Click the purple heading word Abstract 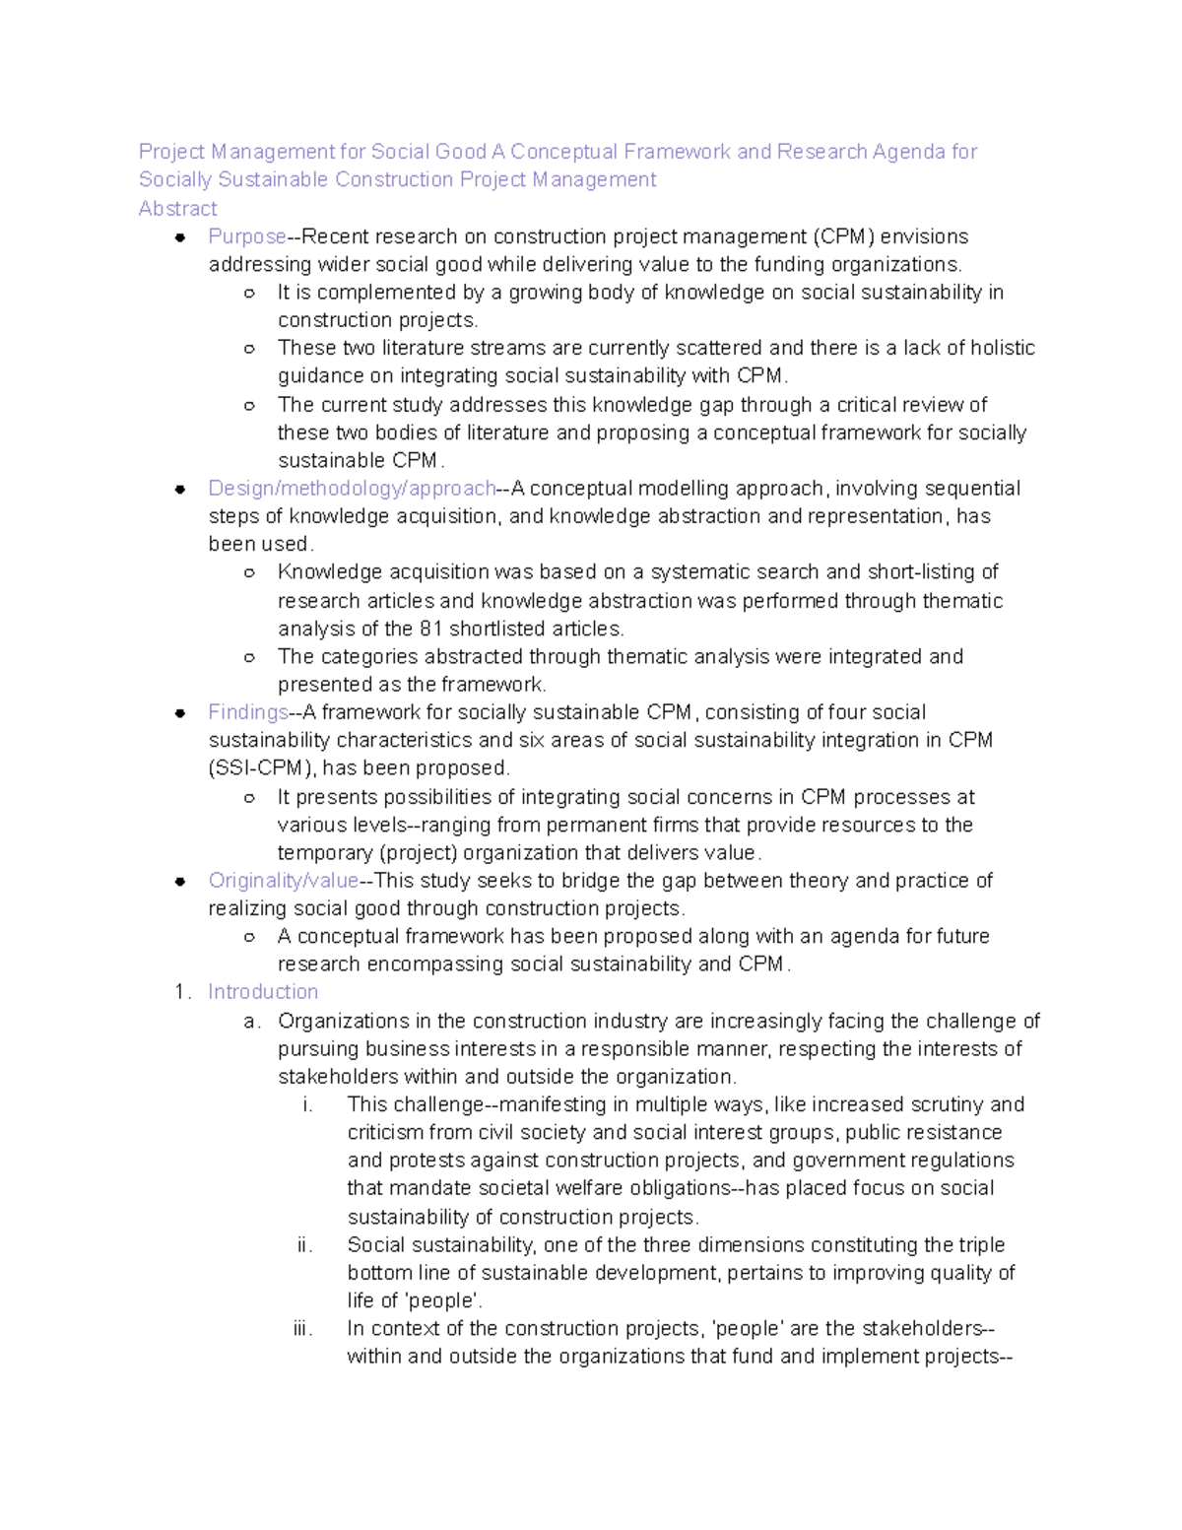coord(177,209)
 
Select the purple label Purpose coord(246,236)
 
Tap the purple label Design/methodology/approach coord(352,489)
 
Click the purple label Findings coord(247,712)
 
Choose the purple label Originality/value coord(283,881)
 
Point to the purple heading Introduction coord(263,992)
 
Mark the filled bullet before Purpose coord(180,237)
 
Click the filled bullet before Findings coord(180,713)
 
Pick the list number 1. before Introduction coord(182,992)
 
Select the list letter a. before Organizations coord(252,1022)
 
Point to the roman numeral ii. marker coord(304,1245)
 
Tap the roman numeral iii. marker coord(302,1329)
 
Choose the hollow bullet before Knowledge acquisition coord(250,572)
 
